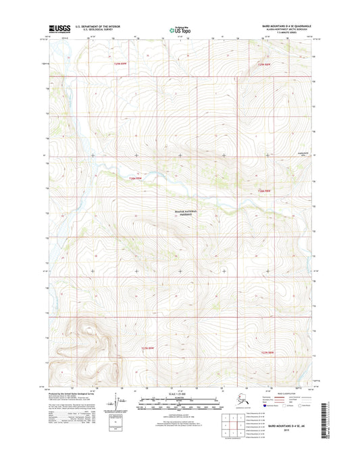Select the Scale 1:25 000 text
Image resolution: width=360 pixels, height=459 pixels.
(x=180, y=393)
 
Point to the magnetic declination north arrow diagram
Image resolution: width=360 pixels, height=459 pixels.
(x=122, y=404)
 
